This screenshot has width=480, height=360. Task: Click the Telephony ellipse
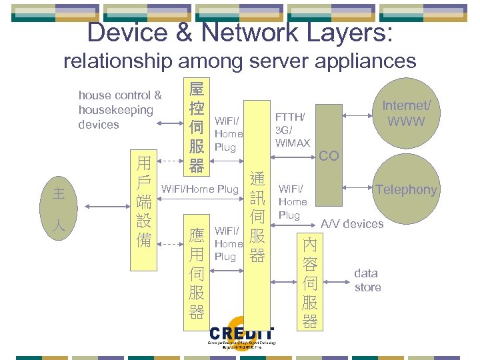(406, 190)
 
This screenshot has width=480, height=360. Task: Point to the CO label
(329, 156)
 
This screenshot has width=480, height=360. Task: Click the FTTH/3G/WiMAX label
(293, 130)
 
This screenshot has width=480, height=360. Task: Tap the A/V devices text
(353, 224)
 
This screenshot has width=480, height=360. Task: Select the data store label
(367, 280)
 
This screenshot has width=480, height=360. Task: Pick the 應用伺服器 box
(197, 273)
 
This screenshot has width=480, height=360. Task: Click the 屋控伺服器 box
(197, 127)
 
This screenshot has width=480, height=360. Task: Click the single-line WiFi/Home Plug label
(200, 189)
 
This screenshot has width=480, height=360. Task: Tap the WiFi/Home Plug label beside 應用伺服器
(228, 244)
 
